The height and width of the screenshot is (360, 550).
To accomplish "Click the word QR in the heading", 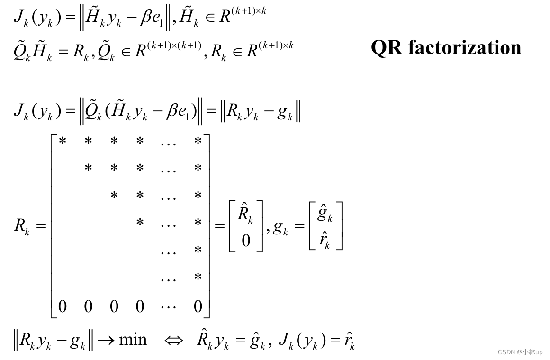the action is point(387,47).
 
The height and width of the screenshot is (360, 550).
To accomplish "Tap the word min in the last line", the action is point(133,339).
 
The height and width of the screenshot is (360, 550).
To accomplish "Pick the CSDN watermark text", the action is point(520,352).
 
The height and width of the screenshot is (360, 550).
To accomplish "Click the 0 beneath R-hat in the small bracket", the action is point(245,241).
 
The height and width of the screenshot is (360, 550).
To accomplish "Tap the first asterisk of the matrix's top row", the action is point(62,141).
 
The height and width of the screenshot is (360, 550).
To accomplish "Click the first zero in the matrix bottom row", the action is point(62,306).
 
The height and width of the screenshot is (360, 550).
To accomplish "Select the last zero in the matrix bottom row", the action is point(198,306).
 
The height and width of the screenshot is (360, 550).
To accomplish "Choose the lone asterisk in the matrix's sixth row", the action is point(198,277).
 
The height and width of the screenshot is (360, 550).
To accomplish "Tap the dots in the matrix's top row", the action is point(168,142).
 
